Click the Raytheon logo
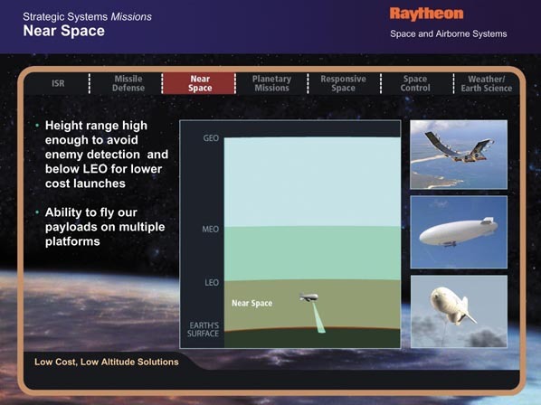point(426,14)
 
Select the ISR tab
point(58,83)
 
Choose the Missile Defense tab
point(128,83)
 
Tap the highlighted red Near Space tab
point(199,83)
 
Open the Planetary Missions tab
point(271,83)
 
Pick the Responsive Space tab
point(343,83)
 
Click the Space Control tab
point(415,83)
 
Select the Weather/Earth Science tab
point(487,84)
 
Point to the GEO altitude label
point(211,138)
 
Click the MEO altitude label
point(211,230)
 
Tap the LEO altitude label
point(212,283)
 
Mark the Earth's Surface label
point(204,330)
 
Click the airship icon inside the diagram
point(308,297)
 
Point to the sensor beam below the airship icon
point(318,318)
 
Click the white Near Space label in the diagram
point(252,304)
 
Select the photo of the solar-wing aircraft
point(459,155)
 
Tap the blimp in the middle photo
point(459,232)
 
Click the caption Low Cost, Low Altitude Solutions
point(107,362)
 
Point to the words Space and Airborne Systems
point(449,33)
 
